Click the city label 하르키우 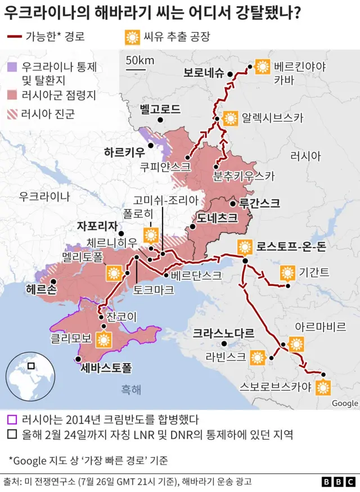[x=124, y=152]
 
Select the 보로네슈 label [x=203, y=73]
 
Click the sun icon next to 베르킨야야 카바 [x=262, y=67]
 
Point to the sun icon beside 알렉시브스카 [x=230, y=118]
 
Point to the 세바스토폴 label [x=106, y=369]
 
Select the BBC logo [x=337, y=482]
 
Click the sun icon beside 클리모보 [x=103, y=340]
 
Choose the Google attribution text [x=345, y=403]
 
